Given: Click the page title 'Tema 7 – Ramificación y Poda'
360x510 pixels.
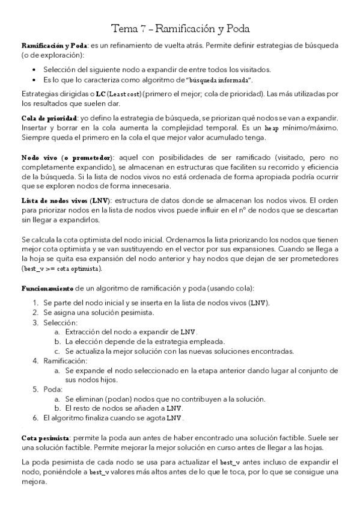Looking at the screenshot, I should tap(180, 28).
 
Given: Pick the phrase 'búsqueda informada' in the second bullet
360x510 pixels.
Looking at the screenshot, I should tap(212, 80).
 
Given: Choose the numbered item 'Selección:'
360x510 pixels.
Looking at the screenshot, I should tap(59, 322).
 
